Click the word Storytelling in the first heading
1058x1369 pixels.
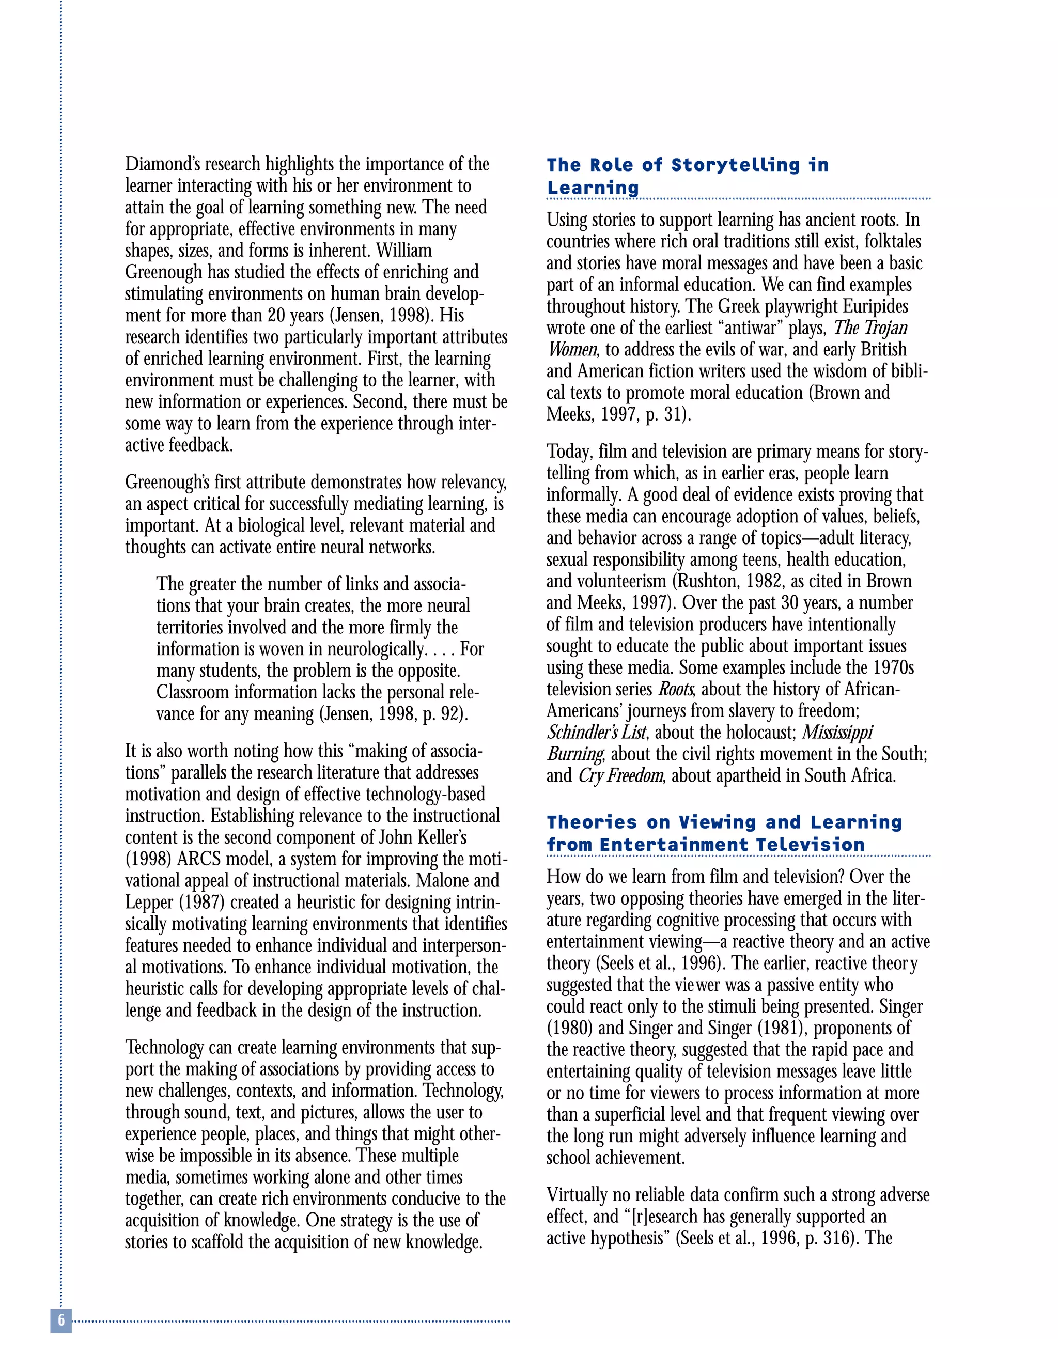(735, 165)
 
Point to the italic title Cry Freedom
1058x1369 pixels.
(620, 775)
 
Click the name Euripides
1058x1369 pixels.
(875, 306)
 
